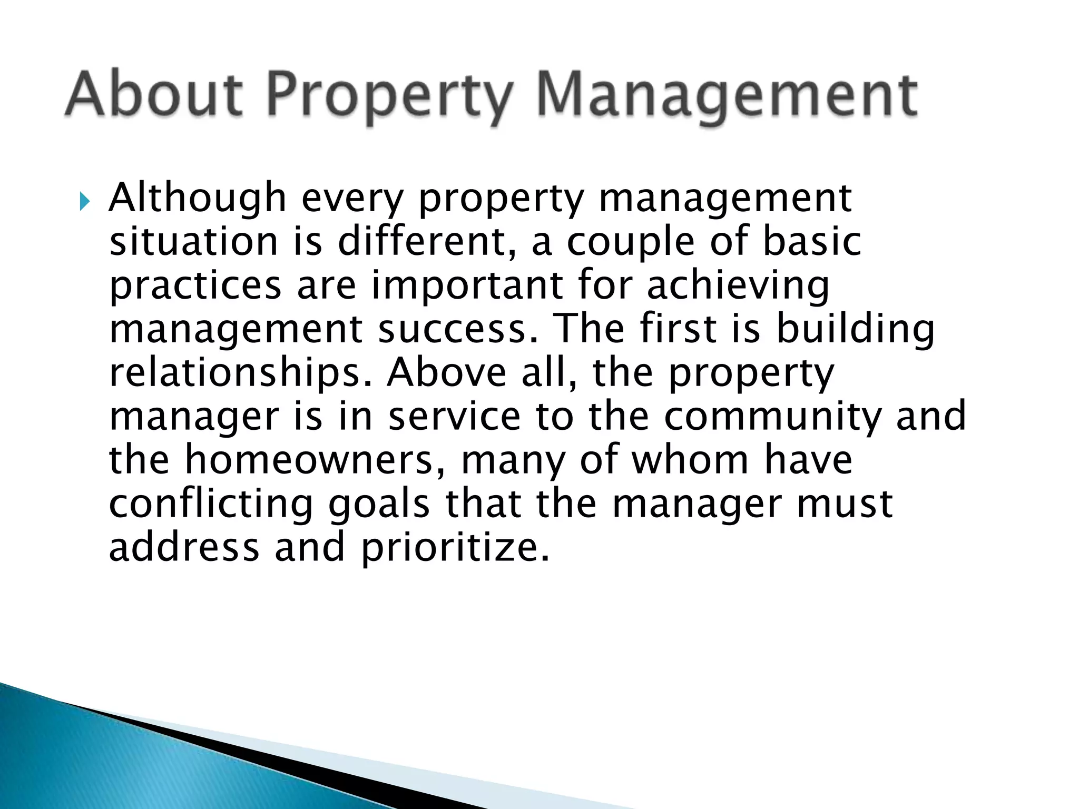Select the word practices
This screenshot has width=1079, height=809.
coord(195,287)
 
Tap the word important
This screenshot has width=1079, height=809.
coord(467,287)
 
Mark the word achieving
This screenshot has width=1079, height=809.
coord(738,287)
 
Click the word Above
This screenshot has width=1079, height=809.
coord(446,372)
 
